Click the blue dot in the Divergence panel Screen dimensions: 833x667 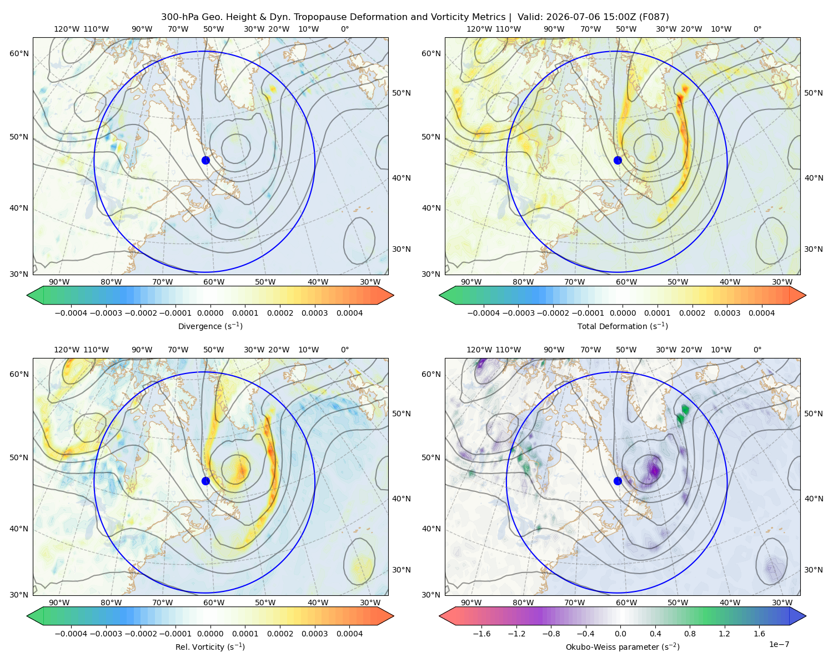point(205,160)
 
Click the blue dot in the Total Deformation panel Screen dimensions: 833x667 point(618,160)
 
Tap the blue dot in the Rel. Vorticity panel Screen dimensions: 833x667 point(205,481)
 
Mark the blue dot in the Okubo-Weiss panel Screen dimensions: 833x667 point(618,481)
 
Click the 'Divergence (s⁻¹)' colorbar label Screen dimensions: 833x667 point(210,326)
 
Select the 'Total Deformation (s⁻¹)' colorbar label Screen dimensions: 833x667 point(623,326)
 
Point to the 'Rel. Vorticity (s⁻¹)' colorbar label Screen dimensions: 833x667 point(210,646)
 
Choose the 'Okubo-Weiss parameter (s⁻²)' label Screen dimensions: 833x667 point(623,646)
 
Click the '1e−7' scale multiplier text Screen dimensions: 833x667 point(779,644)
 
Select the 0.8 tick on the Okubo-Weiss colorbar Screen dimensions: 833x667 point(690,633)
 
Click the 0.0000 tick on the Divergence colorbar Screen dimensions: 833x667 point(210,313)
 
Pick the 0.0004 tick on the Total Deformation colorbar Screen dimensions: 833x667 point(761,313)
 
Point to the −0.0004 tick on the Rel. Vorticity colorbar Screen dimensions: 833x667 point(71,633)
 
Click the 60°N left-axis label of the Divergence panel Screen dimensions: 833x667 point(19,53)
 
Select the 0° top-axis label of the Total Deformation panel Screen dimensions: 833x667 point(757,29)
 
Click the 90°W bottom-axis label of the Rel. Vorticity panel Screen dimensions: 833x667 point(59,603)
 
